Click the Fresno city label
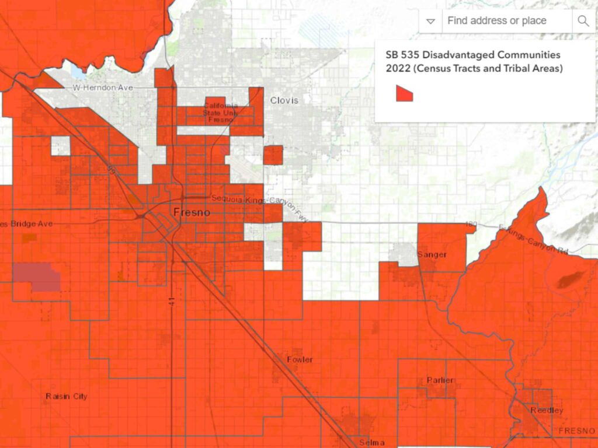pos(192,213)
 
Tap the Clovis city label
pos(284,100)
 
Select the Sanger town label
pos(432,255)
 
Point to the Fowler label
pos(300,359)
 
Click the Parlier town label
pos(440,380)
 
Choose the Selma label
pos(372,442)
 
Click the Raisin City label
pos(66,397)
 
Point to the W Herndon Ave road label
pos(103,87)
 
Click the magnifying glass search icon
pos(583,21)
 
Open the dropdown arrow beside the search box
pos(431,21)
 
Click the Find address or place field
pos(506,21)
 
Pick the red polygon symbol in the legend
pos(404,93)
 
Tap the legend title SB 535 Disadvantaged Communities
pos(473,55)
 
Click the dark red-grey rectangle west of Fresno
pos(37,278)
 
